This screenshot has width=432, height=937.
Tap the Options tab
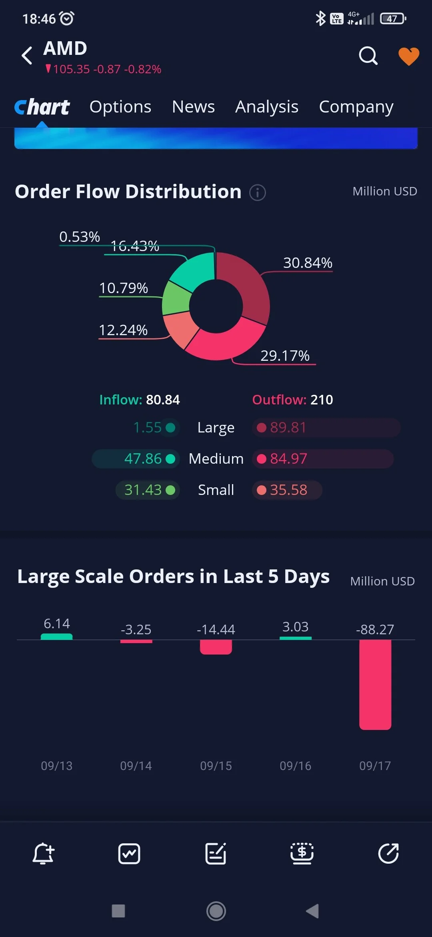pyautogui.click(x=120, y=107)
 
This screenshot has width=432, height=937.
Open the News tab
pyautogui.click(x=193, y=107)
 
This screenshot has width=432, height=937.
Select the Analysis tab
pyautogui.click(x=267, y=107)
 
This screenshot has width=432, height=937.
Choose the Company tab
pyautogui.click(x=356, y=107)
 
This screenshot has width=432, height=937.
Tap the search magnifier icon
pyautogui.click(x=368, y=56)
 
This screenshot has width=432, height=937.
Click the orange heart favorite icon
pyautogui.click(x=409, y=56)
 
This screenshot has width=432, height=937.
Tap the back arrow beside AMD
pyautogui.click(x=27, y=55)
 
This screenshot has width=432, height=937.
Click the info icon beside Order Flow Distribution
pyautogui.click(x=258, y=193)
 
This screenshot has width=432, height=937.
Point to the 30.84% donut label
pyautogui.click(x=308, y=263)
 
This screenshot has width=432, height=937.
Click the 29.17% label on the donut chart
pyautogui.click(x=285, y=356)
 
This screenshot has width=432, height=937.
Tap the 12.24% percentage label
pyautogui.click(x=123, y=330)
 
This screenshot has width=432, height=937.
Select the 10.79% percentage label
pyautogui.click(x=123, y=288)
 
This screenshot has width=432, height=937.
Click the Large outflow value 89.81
pyautogui.click(x=288, y=428)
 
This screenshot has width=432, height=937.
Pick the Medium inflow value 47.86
pyautogui.click(x=143, y=459)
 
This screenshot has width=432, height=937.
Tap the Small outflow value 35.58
pyautogui.click(x=288, y=490)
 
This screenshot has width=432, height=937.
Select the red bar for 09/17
pyautogui.click(x=375, y=685)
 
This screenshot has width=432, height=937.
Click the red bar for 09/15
pyautogui.click(x=216, y=647)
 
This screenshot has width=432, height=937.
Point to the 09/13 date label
pyautogui.click(x=57, y=766)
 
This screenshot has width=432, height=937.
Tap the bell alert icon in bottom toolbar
pyautogui.click(x=43, y=853)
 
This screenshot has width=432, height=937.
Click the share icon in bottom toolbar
pyautogui.click(x=389, y=853)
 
